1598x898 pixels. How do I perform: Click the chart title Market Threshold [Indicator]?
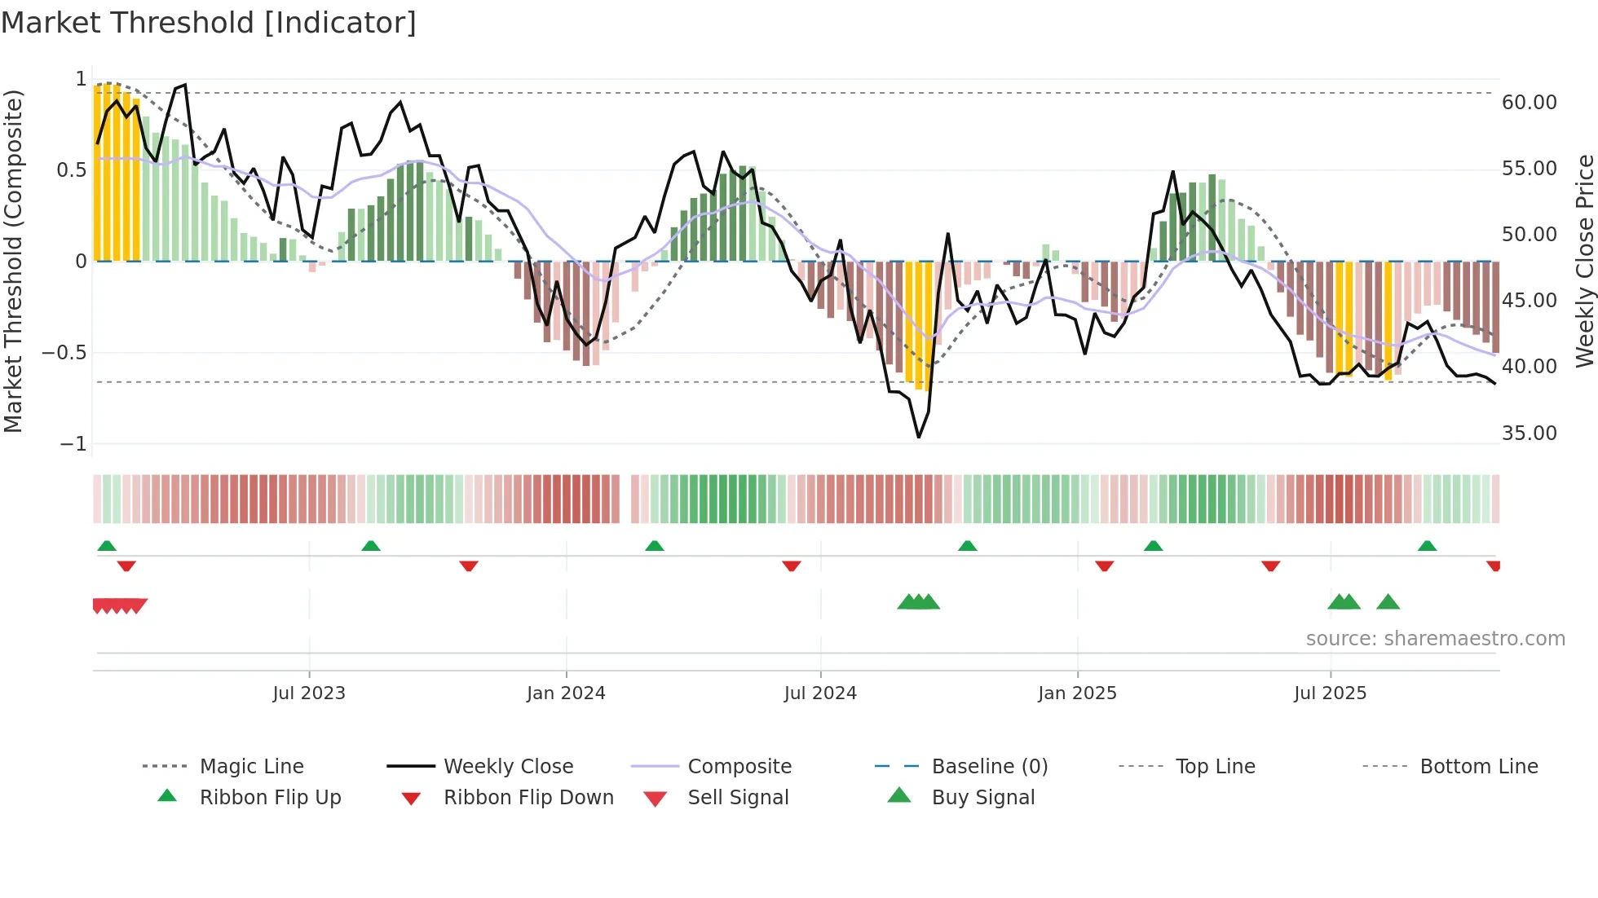pyautogui.click(x=209, y=23)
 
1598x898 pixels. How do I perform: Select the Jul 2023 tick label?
pyautogui.click(x=309, y=693)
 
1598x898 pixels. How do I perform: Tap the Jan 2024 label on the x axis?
pyautogui.click(x=566, y=693)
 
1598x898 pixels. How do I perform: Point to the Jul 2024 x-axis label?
pyautogui.click(x=820, y=693)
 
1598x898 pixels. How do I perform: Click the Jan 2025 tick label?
pyautogui.click(x=1077, y=693)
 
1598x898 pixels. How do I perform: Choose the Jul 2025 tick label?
pyautogui.click(x=1330, y=693)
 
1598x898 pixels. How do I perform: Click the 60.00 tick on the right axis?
pyautogui.click(x=1529, y=103)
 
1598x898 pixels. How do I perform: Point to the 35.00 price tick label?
pyautogui.click(x=1529, y=434)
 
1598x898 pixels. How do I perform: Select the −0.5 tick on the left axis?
pyautogui.click(x=64, y=353)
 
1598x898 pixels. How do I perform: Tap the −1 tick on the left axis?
pyautogui.click(x=73, y=444)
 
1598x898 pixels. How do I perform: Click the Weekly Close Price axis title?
pyautogui.click(x=1584, y=261)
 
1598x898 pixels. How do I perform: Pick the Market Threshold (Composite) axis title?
pyautogui.click(x=13, y=261)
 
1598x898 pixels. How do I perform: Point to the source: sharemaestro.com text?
pyautogui.click(x=1435, y=639)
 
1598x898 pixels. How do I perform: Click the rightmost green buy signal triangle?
pyautogui.click(x=1388, y=603)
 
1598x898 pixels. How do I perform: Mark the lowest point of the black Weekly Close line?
pyautogui.click(x=919, y=438)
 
